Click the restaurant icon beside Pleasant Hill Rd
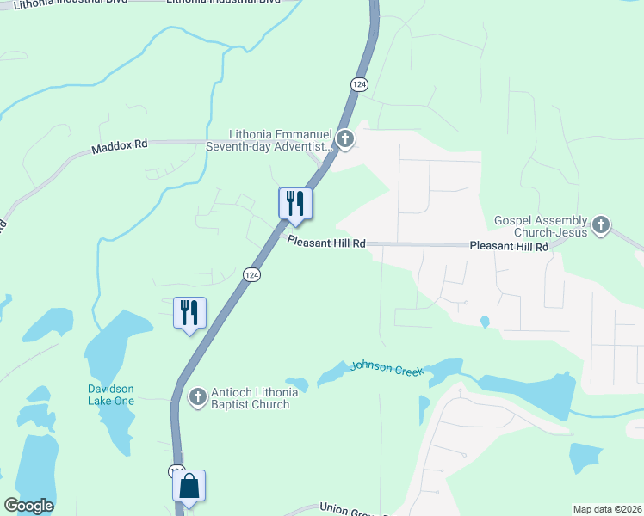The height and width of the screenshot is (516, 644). (294, 204)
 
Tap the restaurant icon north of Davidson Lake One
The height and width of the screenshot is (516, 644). (189, 312)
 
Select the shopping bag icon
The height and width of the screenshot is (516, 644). (189, 486)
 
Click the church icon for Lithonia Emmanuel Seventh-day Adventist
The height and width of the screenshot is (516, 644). (344, 138)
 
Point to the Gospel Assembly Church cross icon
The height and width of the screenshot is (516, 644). (601, 226)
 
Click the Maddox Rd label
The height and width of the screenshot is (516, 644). (119, 147)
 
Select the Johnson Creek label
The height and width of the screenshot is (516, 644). (387, 369)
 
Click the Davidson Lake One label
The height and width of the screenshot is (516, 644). (111, 394)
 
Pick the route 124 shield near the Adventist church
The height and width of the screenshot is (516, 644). (359, 83)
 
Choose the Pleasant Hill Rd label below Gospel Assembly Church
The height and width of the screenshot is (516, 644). (509, 246)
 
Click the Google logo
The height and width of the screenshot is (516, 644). (28, 506)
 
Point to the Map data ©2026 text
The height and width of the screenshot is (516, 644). (607, 509)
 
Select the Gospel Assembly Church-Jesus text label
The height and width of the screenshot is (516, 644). (541, 226)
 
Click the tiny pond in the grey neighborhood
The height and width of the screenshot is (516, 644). (485, 322)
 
